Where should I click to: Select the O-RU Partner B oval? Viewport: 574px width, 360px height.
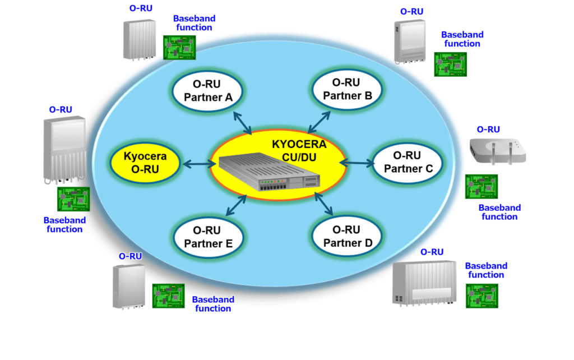[x=348, y=89]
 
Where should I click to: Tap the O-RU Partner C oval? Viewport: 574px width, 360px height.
[x=408, y=162]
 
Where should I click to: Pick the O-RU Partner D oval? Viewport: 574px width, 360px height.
[x=346, y=237]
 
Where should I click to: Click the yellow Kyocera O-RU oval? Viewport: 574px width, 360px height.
[x=145, y=163]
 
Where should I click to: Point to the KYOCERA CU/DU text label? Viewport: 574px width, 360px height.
[x=299, y=150]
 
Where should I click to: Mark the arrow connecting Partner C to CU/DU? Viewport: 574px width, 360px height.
[x=357, y=163]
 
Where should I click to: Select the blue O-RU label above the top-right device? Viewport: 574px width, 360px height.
[x=411, y=11]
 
